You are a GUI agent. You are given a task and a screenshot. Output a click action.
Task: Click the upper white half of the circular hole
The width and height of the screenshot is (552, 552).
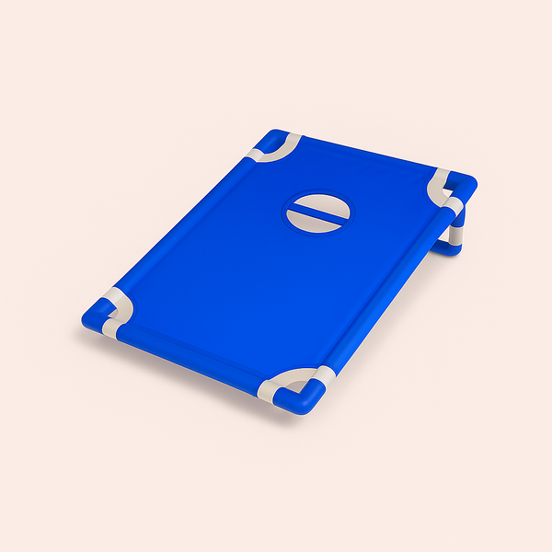[x=318, y=204]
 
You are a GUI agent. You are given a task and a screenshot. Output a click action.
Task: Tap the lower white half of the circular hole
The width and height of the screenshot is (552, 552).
[x=317, y=223]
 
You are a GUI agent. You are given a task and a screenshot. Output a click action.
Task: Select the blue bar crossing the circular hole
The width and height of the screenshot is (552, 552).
[x=317, y=213]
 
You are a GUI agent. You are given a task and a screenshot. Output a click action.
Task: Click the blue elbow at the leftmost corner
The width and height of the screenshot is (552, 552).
[x=92, y=318]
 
